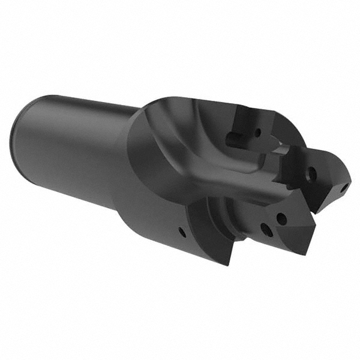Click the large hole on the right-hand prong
point(311,175)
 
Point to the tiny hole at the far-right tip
point(344,188)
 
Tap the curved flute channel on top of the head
point(198,150)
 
